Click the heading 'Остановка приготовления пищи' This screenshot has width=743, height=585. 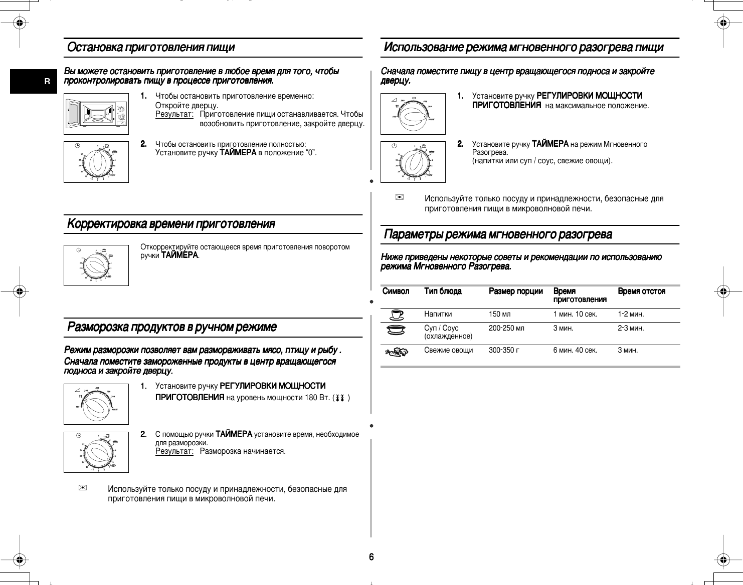click(151, 48)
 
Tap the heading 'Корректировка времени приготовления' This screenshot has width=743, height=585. click(171, 224)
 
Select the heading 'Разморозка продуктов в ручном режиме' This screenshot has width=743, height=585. click(172, 328)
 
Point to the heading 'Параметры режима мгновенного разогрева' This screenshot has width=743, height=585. click(497, 234)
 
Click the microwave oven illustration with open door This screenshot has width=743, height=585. click(96, 114)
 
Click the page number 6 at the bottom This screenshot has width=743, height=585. click(371, 557)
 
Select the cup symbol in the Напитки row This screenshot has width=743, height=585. click(397, 315)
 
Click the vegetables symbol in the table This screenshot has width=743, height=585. click(397, 353)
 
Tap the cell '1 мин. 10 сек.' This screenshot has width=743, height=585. click(575, 315)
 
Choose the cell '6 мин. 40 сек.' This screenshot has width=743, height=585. click(575, 351)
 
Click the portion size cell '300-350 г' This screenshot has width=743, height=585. click(504, 351)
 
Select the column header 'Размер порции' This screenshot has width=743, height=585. click(515, 291)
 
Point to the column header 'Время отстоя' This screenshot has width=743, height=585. click(641, 291)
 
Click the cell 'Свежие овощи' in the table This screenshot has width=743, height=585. click(448, 351)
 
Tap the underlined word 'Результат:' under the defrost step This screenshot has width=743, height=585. click(174, 451)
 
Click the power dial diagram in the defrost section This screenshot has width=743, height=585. click(96, 404)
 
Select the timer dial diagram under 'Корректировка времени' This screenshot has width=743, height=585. click(96, 265)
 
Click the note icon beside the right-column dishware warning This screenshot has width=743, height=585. click(399, 198)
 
